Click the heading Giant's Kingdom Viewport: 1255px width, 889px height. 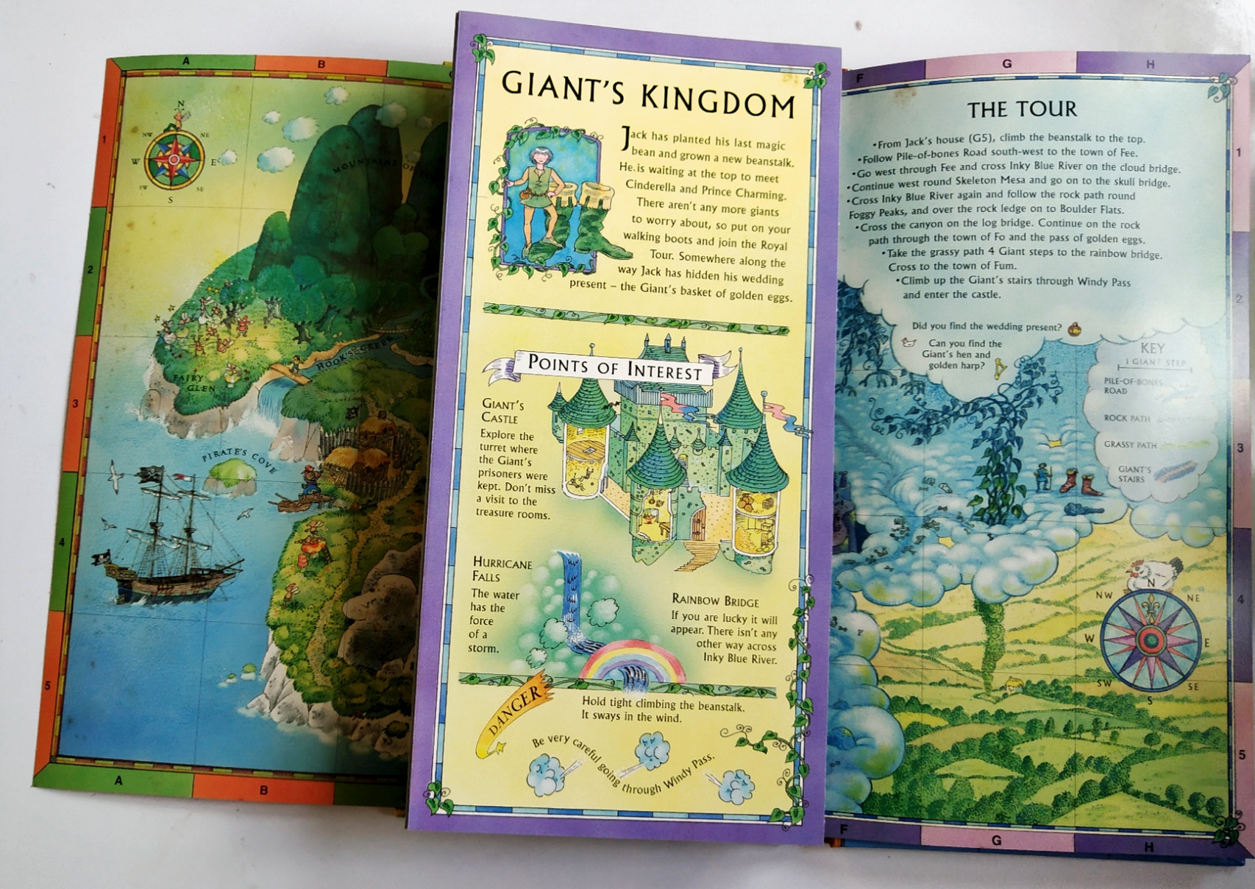click(647, 94)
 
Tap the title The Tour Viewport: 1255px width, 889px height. click(1022, 110)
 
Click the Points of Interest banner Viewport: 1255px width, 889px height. click(614, 366)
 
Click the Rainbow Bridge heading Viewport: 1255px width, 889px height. click(715, 601)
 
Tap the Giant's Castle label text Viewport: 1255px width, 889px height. click(502, 411)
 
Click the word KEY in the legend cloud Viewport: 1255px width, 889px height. click(1152, 348)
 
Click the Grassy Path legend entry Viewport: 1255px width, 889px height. click(1130, 444)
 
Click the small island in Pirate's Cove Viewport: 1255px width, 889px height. click(230, 475)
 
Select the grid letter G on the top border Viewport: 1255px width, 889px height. click(1006, 64)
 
